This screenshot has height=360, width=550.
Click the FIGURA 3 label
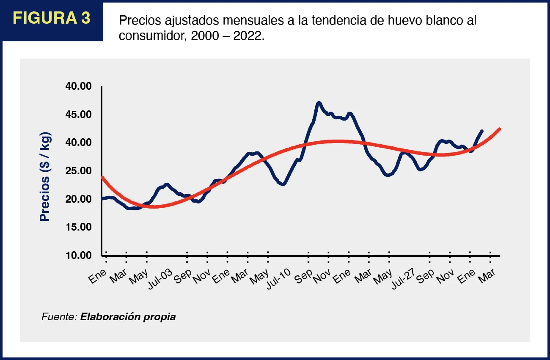[52, 19]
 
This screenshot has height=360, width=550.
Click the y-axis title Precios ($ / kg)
[45, 177]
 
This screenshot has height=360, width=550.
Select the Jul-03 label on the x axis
[160, 277]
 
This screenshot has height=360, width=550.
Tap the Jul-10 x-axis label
[278, 277]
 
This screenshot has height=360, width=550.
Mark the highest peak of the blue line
[319, 102]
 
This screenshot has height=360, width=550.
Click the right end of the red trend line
[500, 129]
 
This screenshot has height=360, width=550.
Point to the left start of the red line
[102, 177]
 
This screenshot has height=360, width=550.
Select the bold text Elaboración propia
[128, 316]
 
